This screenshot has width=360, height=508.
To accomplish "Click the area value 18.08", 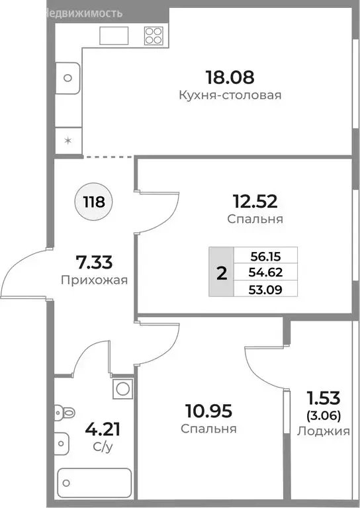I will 230,77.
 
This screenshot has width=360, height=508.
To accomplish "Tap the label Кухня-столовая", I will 230,95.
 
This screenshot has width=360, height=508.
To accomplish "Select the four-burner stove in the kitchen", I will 154,35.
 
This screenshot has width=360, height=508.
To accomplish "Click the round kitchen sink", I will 67,78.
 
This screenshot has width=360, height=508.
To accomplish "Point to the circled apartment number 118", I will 95,202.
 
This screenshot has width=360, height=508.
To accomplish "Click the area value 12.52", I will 254,201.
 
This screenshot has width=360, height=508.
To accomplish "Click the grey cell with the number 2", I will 222,273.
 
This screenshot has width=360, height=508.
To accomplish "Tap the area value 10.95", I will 208,411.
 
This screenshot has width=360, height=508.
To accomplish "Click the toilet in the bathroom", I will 66,413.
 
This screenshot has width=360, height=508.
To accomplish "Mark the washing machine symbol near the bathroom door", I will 122,388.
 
